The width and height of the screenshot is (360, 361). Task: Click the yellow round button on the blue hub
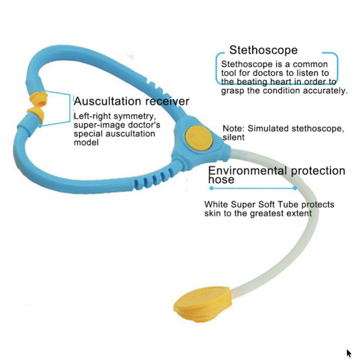coord(199,139)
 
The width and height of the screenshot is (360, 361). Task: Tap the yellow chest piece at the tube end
coord(203,304)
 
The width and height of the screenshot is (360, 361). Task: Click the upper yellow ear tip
coord(38,99)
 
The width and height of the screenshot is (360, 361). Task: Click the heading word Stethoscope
coord(264,50)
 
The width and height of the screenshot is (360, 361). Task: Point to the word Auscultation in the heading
coord(107,101)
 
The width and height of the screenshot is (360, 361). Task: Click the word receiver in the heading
coord(167,101)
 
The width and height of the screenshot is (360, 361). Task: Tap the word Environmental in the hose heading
coord(248,171)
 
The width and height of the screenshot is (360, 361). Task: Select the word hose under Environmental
coord(221,179)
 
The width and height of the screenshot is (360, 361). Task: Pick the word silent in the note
coord(234,137)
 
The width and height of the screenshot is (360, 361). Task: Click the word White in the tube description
coord(216,204)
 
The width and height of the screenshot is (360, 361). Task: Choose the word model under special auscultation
coord(86,142)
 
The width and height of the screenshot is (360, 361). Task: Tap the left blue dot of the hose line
coord(211,188)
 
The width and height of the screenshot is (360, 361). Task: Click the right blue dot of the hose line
coord(295,188)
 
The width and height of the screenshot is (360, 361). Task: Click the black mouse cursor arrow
coord(349,353)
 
